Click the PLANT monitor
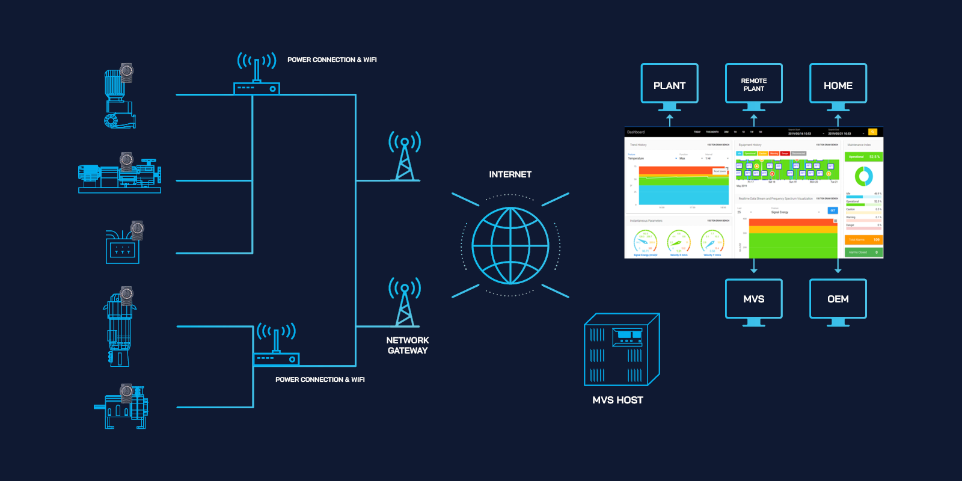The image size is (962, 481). pyautogui.click(x=669, y=85)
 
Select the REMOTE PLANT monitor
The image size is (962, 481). pyautogui.click(x=753, y=85)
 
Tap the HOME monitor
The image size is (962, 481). pyautogui.click(x=838, y=85)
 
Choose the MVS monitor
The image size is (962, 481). pyautogui.click(x=753, y=299)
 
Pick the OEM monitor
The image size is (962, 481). pyautogui.click(x=838, y=299)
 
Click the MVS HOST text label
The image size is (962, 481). pyautogui.click(x=617, y=400)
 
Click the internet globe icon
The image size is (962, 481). pyautogui.click(x=510, y=245)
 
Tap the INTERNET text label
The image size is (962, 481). pyautogui.click(x=510, y=174)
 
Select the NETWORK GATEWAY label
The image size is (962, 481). pyautogui.click(x=408, y=345)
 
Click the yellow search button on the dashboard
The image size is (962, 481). pyautogui.click(x=872, y=132)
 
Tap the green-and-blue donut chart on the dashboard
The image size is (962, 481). pyautogui.click(x=863, y=176)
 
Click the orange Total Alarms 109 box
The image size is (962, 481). pyautogui.click(x=864, y=239)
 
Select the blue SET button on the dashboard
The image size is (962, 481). pyautogui.click(x=833, y=210)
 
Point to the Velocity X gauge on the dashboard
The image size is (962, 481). pyautogui.click(x=678, y=243)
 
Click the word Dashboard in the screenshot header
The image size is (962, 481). pyautogui.click(x=636, y=132)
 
